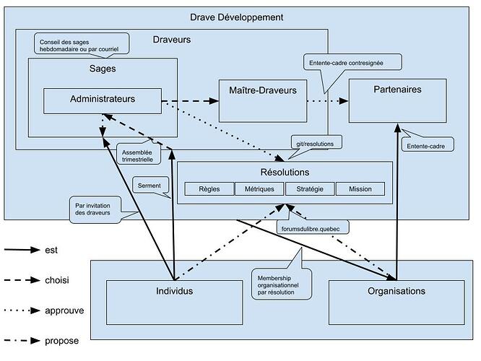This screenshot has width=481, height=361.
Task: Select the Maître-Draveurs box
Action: coord(262,100)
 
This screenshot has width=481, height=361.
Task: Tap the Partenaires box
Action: coord(398,100)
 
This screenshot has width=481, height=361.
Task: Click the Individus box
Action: coord(174,301)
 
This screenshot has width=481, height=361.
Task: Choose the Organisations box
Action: coord(396,301)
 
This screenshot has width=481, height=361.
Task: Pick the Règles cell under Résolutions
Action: coord(207,189)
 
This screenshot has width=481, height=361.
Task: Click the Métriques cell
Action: coord(259,189)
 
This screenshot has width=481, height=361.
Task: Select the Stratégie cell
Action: coord(310,189)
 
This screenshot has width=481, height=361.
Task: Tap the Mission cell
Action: coord(360,189)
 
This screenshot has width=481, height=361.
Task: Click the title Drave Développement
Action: coord(235,17)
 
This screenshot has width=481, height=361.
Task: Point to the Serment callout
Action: coord(149,185)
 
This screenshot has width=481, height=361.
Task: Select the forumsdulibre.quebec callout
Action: coord(314,227)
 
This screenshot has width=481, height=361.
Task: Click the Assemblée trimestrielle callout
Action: coord(136,155)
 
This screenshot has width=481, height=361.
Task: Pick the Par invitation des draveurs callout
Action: coord(95,208)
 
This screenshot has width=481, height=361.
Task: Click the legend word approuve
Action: coord(64,310)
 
